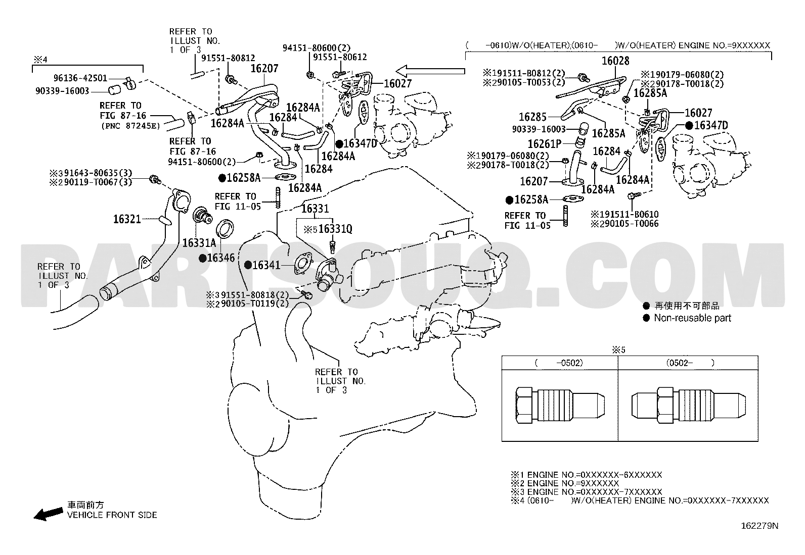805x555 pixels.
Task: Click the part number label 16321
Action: pos(127,219)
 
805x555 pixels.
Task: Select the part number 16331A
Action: pos(199,243)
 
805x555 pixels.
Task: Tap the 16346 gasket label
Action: pos(220,258)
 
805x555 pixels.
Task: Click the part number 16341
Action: pos(266,265)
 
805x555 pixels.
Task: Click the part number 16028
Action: pos(615,61)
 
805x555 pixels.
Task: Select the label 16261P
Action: pos(545,144)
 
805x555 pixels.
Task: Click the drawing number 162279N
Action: pos(759,526)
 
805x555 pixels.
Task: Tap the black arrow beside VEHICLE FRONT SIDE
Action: pos(48,514)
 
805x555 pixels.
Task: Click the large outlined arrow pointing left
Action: pos(430,71)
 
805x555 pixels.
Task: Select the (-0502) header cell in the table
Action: pos(560,363)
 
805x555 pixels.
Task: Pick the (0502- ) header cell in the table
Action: pos(688,363)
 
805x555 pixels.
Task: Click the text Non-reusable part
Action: pos(693,318)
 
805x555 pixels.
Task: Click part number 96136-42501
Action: pos(80,78)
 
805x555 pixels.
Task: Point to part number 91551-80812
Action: pos(228,58)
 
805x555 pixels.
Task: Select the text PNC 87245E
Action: pos(130,126)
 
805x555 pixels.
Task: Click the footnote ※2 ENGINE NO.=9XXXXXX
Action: pos(565,483)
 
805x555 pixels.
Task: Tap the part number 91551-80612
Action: pos(340,57)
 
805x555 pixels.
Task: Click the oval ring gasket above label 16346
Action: pos(225,228)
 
